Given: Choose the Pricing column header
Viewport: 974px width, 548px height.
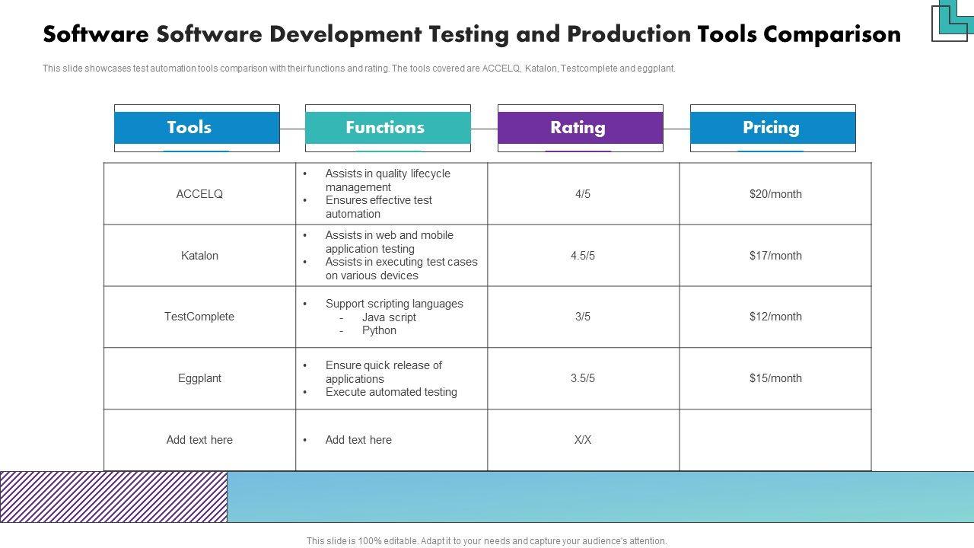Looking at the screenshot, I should (x=772, y=128).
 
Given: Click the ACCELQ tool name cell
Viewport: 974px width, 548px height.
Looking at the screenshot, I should (x=199, y=194).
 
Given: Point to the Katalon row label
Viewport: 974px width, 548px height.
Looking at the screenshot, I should (x=199, y=256).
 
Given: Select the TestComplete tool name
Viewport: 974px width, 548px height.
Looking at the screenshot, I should (x=199, y=317).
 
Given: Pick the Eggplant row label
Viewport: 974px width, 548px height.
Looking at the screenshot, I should (x=199, y=378).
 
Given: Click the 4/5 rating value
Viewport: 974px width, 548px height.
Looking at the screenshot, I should (x=583, y=194).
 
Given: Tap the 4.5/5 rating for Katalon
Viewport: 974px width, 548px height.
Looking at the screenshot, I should (x=583, y=256).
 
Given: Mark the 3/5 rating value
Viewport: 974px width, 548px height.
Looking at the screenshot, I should (x=583, y=317).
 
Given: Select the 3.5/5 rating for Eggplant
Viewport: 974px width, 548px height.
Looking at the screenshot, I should (x=583, y=378).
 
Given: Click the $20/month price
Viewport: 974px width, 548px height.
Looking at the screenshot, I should (x=775, y=194).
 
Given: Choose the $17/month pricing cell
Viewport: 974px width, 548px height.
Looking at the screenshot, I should (x=775, y=256).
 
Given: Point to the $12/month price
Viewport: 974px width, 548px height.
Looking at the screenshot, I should (x=775, y=317).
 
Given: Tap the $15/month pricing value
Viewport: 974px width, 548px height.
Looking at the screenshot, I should (x=775, y=378).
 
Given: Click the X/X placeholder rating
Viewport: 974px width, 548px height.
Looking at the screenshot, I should (x=583, y=440).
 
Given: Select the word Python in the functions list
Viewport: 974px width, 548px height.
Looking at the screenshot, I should (x=379, y=330).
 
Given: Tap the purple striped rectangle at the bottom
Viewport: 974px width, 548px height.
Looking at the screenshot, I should (x=113, y=497).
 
